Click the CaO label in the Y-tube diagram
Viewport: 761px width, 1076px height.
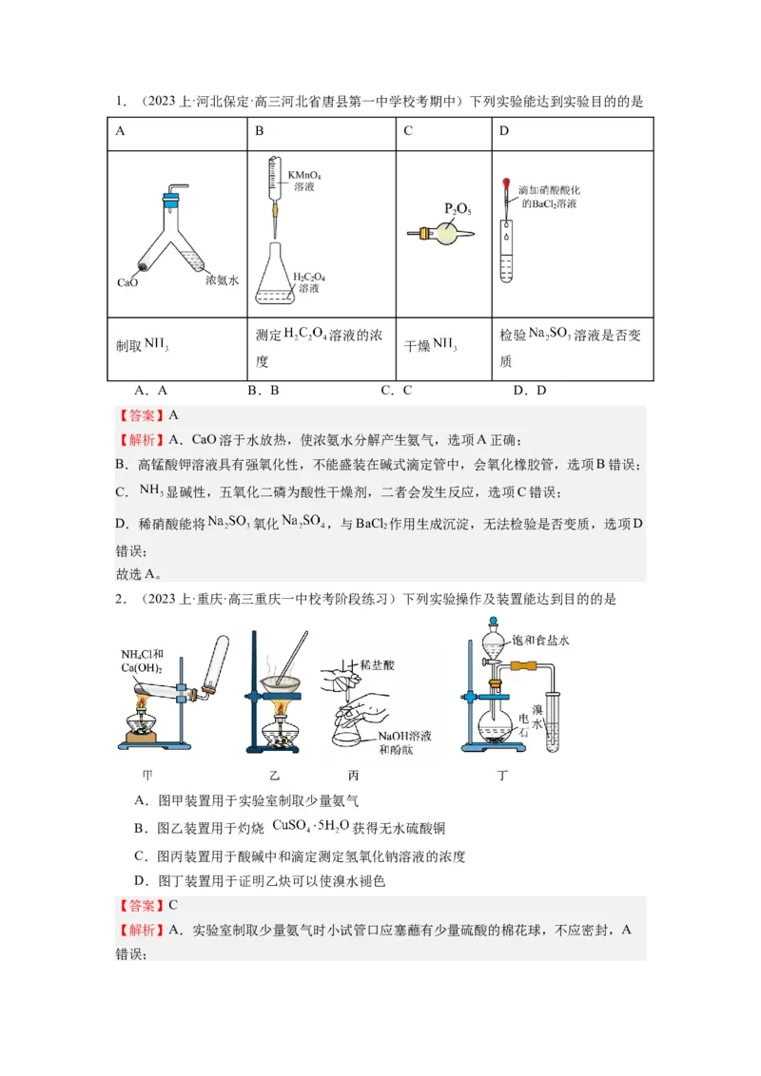(x=128, y=282)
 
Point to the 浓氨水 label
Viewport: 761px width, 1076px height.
(x=222, y=281)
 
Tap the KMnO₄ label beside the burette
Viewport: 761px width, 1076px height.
(x=304, y=175)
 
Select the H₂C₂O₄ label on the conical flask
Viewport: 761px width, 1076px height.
(x=309, y=275)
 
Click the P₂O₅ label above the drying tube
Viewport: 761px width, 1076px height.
(x=458, y=208)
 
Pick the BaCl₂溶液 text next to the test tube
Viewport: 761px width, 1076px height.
(x=549, y=203)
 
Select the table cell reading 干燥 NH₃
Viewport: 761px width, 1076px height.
(x=431, y=346)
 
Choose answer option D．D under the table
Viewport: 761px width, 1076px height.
(x=530, y=390)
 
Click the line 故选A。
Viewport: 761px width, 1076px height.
(x=139, y=573)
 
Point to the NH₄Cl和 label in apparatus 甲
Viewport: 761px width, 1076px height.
(x=143, y=654)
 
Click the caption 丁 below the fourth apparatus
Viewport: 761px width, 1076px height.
(x=502, y=775)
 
